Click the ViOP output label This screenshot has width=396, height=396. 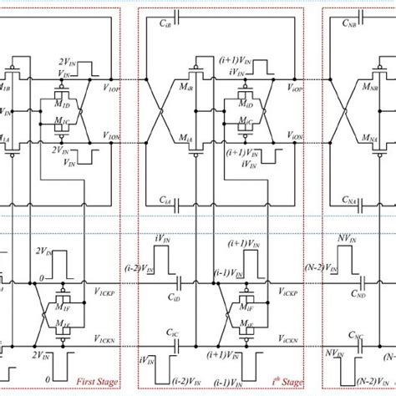295,87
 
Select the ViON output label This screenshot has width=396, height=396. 295,136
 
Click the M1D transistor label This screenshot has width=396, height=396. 62,103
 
